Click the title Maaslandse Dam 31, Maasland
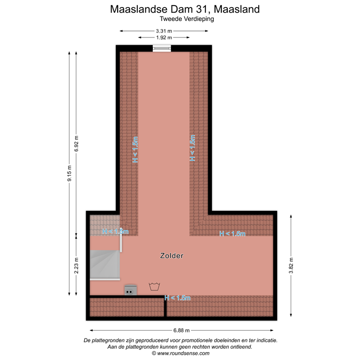click(x=184, y=9)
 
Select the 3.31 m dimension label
click(x=164, y=31)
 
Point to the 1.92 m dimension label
click(x=164, y=37)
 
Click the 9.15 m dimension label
click(x=69, y=174)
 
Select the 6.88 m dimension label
click(x=180, y=330)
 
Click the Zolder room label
click(x=171, y=256)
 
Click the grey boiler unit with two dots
click(x=130, y=290)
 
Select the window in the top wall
click(x=162, y=47)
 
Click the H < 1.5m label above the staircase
click(x=115, y=231)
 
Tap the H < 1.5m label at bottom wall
click(x=177, y=298)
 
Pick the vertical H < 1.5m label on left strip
click(x=135, y=150)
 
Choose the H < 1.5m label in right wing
click(x=232, y=233)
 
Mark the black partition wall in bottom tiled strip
click(x=165, y=307)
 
